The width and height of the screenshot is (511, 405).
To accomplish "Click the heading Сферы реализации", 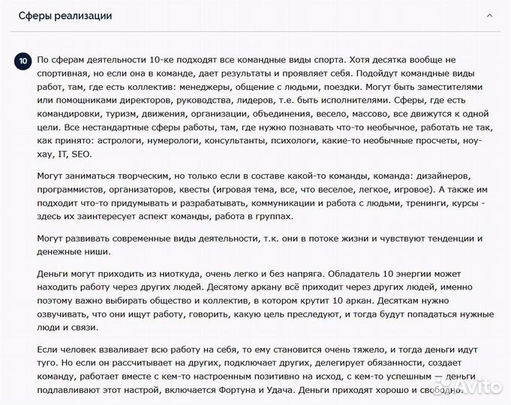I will click(x=65, y=16).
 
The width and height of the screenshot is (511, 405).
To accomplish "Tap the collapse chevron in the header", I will click(x=490, y=16).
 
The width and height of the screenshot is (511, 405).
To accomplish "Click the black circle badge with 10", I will click(x=23, y=60).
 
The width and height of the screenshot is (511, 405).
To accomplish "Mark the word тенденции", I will click(x=427, y=237).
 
